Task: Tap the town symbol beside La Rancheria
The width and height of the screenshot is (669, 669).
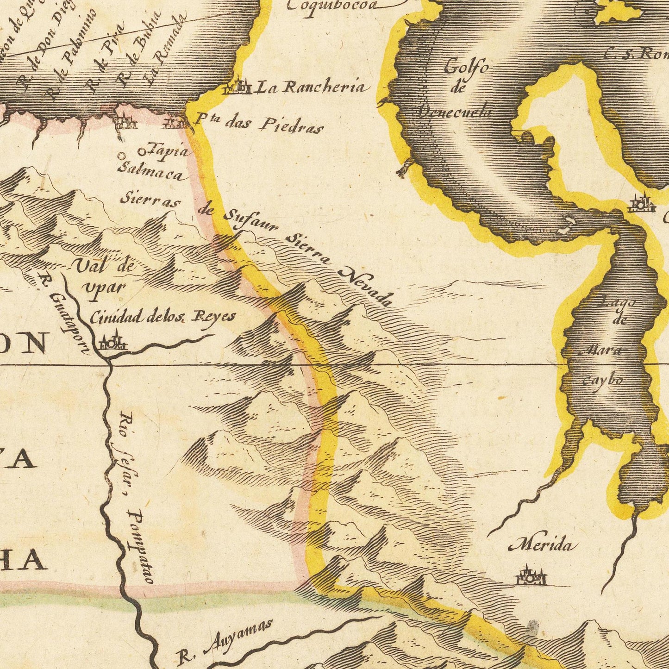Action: pos(238,87)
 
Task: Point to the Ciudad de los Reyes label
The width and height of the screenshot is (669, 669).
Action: pos(162,318)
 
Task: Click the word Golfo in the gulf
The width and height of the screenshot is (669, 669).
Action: pos(466,68)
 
